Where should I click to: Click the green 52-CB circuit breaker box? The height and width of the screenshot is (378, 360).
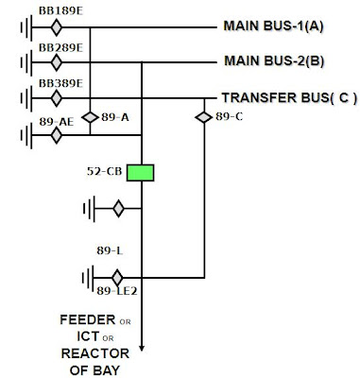pos(140,173)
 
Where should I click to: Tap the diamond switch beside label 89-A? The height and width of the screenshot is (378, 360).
pos(91,117)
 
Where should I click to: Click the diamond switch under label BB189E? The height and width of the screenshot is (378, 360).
pos(56,26)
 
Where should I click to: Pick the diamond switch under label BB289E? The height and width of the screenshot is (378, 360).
pos(56,61)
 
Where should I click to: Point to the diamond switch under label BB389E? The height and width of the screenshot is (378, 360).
pos(56,97)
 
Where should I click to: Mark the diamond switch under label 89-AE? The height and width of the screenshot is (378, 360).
pos(56,134)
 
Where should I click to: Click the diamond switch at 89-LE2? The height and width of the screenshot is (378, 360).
pos(117,278)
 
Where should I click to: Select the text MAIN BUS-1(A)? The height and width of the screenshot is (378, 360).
pos(273,26)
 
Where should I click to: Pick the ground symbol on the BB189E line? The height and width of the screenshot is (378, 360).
pos(23,26)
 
